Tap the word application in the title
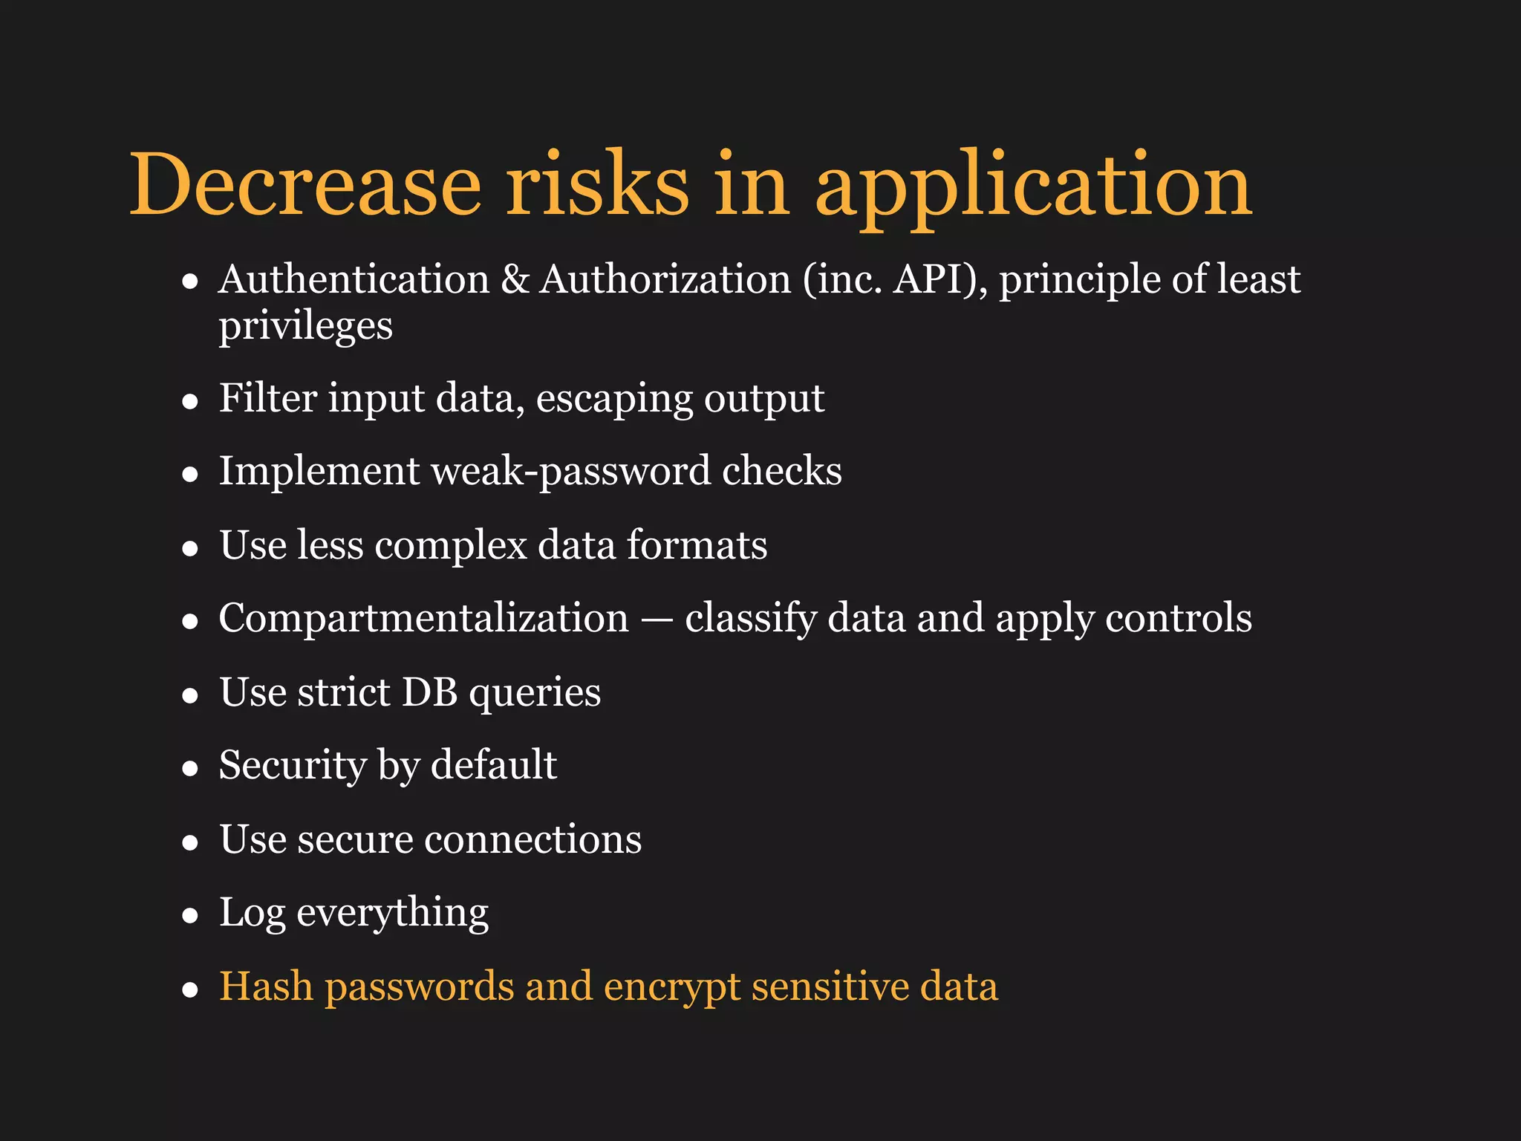pos(1034,186)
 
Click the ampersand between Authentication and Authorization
pos(515,280)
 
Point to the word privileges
pos(305,327)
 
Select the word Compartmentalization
pos(423,618)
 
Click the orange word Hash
pos(266,986)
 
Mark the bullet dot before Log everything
pos(190,916)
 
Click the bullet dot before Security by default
pos(190,769)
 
